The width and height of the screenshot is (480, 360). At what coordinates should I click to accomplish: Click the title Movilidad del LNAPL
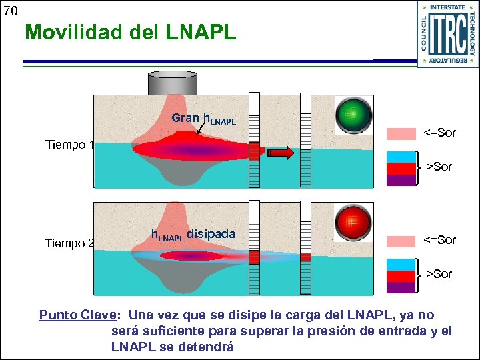(130, 32)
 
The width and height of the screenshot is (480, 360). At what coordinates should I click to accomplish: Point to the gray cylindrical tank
(172, 83)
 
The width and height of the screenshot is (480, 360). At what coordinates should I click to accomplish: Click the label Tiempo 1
(69, 145)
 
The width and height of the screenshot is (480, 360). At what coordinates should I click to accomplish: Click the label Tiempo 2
(69, 243)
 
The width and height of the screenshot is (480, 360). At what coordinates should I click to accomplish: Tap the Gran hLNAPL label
(203, 119)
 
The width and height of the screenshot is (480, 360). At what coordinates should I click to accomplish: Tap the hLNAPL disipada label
(193, 235)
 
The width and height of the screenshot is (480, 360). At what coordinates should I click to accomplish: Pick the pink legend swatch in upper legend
(401, 134)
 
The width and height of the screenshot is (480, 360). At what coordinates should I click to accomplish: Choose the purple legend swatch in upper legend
(401, 180)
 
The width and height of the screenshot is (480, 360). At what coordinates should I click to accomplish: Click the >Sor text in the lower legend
(439, 273)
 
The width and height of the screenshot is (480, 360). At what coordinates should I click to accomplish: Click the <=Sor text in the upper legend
(440, 133)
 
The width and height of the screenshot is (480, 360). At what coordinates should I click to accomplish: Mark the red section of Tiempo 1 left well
(254, 151)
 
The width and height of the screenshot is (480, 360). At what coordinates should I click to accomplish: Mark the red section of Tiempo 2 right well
(305, 257)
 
